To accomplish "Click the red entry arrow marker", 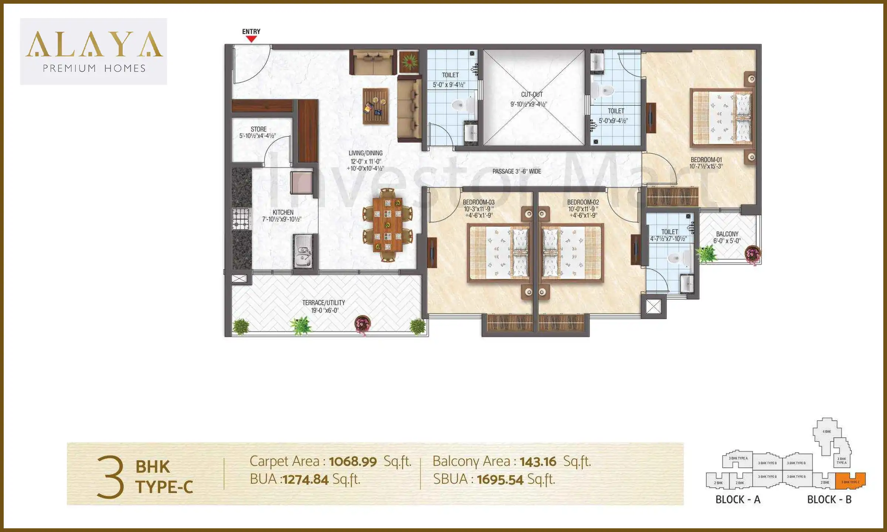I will [x=251, y=39].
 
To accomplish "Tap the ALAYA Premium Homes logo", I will [x=94, y=51].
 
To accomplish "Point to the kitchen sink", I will [x=303, y=251].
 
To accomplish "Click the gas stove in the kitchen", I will [x=241, y=218].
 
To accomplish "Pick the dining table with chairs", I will [x=387, y=225].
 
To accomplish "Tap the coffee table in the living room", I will [x=375, y=106].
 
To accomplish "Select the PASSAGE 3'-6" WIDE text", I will [x=517, y=171].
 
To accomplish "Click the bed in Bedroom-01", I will [x=722, y=117].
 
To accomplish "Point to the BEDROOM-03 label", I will [x=479, y=202].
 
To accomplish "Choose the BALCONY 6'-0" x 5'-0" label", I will [x=727, y=237].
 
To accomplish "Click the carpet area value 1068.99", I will [x=353, y=461].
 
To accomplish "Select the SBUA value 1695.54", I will [x=500, y=480].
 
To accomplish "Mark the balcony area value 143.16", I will [x=538, y=461].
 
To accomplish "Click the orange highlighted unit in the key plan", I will [x=850, y=481].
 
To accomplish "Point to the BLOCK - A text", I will [x=738, y=499].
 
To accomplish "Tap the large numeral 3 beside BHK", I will [x=110, y=477].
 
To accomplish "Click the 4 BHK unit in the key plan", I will [x=827, y=432].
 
